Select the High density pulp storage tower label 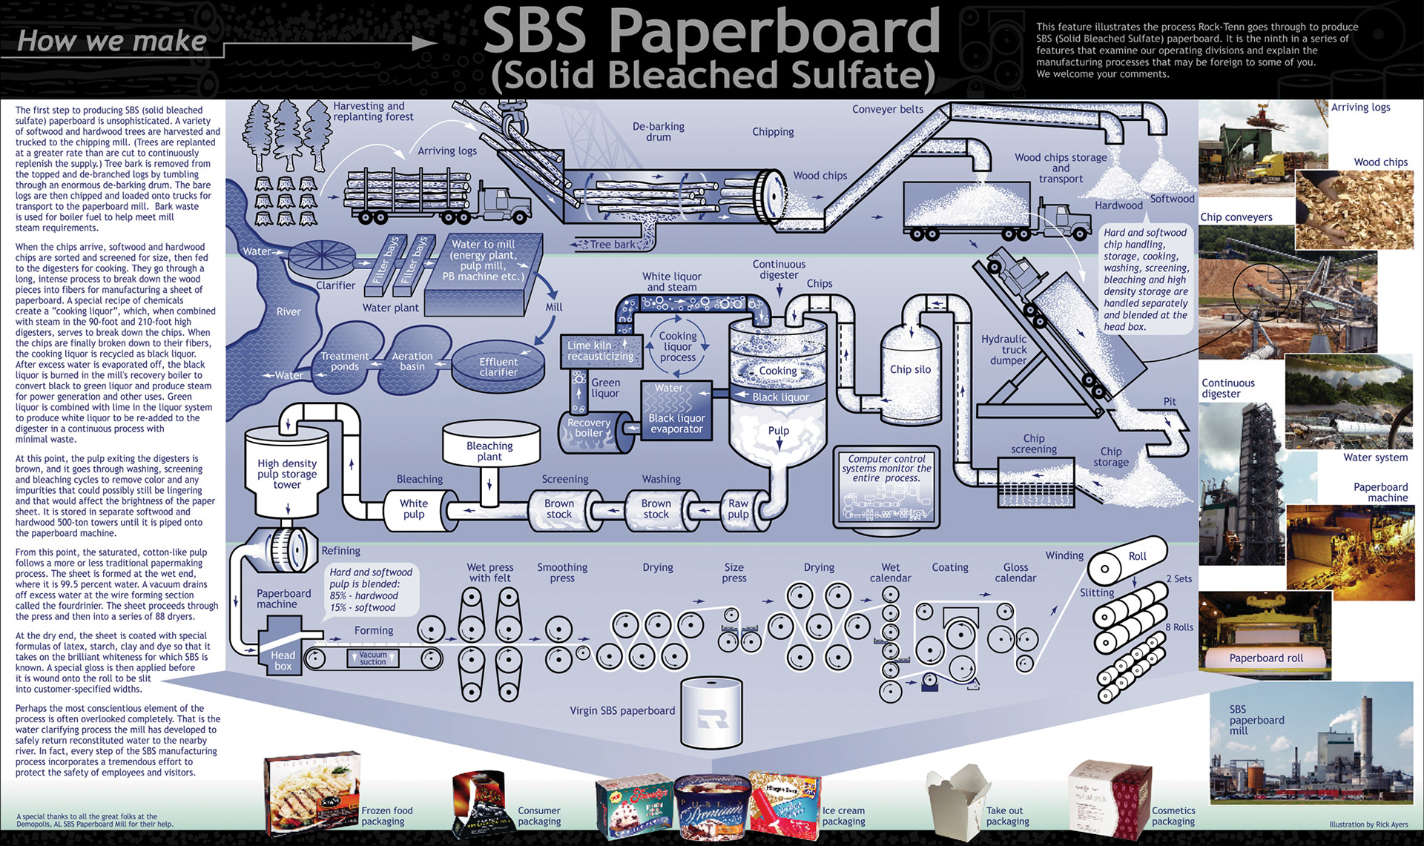[x=287, y=474]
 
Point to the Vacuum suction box [x=373, y=658]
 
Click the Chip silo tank [x=911, y=369]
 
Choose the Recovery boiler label [x=589, y=428]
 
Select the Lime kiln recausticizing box [x=601, y=351]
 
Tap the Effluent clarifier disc [x=498, y=367]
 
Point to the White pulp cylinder [x=414, y=509]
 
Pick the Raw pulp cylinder [x=738, y=509]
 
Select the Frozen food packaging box [x=312, y=793]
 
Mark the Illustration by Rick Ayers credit [x=1368, y=824]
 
